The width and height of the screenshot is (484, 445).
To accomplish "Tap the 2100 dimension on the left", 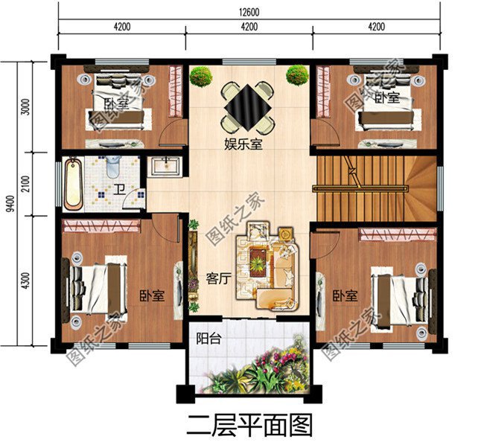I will pyautogui.click(x=26, y=183).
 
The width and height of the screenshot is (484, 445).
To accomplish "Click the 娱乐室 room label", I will pyautogui.click(x=244, y=144).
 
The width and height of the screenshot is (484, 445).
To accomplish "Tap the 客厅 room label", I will pyautogui.click(x=217, y=279).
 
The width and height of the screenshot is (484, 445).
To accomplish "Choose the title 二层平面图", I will pyautogui.click(x=249, y=426).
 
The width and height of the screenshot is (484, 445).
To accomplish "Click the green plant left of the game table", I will pyautogui.click(x=200, y=76).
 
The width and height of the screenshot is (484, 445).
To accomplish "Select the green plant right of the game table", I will pyautogui.click(x=297, y=75).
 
